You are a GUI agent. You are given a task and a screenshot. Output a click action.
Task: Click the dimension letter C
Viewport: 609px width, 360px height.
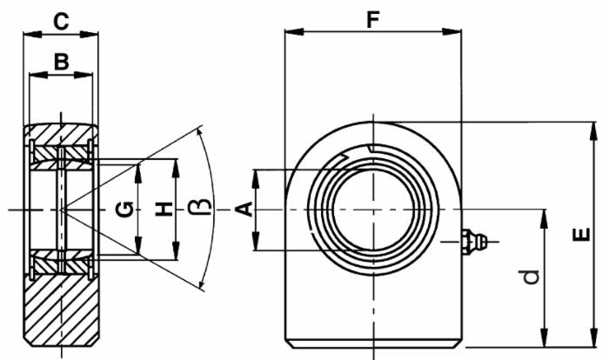[61, 20]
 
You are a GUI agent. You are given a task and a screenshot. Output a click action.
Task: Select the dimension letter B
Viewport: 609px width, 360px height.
[61, 61]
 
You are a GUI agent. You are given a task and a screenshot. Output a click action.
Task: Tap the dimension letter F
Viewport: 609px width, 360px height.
[372, 18]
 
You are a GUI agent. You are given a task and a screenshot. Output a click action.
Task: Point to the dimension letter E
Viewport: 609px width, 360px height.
[581, 234]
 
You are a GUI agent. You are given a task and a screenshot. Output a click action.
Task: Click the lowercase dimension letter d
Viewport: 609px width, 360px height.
[531, 277]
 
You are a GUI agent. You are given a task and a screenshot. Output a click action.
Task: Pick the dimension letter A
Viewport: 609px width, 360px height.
[244, 209]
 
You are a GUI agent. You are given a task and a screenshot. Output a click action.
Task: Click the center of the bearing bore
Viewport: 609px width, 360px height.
[372, 210]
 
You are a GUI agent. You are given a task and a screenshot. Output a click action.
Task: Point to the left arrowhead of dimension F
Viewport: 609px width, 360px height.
[291, 33]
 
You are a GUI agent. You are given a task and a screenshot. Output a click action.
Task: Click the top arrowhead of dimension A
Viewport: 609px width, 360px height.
[257, 174]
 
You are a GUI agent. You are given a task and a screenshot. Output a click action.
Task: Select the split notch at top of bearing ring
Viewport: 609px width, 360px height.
[371, 149]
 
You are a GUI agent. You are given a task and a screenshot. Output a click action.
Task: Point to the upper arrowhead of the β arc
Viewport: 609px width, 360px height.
[201, 132]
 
